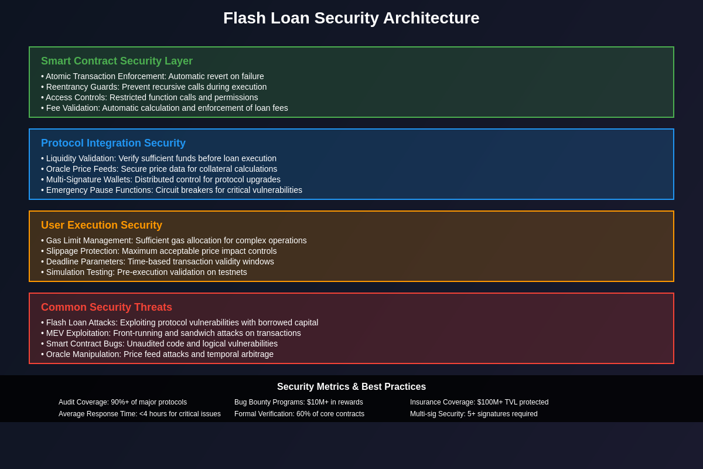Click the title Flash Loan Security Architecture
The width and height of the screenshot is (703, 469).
coord(351,18)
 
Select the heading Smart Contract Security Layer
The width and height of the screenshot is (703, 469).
coord(117,61)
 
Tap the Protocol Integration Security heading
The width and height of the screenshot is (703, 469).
coord(113,143)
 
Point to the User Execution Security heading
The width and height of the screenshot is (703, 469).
coord(101,225)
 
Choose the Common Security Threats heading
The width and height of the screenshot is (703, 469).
coord(107,307)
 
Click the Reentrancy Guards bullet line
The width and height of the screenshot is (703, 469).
coord(154,87)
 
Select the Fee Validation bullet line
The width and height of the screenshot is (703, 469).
coord(165,108)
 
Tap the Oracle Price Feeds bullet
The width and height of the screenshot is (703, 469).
coord(159,169)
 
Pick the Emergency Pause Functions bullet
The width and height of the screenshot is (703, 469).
coord(172,190)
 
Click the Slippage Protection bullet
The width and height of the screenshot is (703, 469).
coord(159,251)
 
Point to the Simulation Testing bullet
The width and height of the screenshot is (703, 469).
coord(144,272)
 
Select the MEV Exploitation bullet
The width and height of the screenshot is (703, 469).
coord(171,333)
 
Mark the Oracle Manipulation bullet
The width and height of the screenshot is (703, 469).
coord(158,354)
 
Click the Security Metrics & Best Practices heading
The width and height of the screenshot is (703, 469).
coord(351,387)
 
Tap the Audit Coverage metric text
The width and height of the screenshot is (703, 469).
coord(122,402)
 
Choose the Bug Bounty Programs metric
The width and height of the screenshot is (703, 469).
coord(299,402)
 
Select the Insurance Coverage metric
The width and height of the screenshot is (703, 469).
coord(479,402)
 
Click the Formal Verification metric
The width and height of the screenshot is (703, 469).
coord(299,414)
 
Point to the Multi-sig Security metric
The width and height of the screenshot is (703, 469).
coord(474,414)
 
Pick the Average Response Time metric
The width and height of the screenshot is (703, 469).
coord(139,414)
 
